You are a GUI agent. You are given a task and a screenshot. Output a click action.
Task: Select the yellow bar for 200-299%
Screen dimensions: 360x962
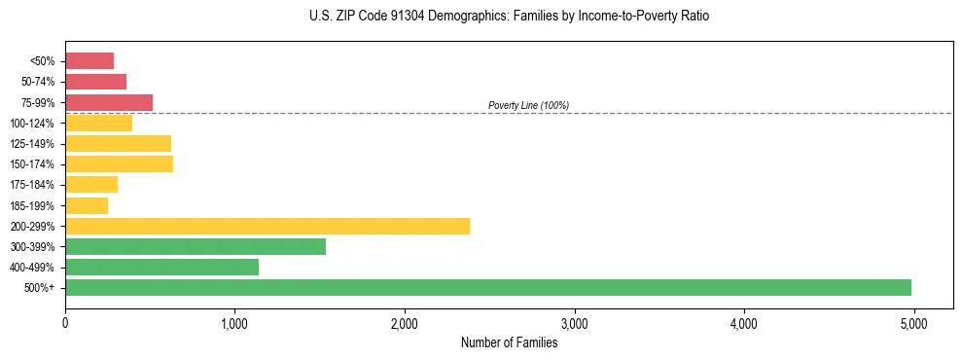pos(267,226)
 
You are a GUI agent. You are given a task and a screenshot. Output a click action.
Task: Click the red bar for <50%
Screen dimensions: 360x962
pos(89,61)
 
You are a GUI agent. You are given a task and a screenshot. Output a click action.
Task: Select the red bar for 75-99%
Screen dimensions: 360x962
pos(109,102)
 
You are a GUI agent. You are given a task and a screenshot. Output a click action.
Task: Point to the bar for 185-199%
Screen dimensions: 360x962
pos(87,205)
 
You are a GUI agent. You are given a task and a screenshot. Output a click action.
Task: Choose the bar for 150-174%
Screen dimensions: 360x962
pos(119,163)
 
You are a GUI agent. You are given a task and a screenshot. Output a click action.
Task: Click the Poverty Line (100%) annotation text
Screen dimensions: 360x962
pos(528,105)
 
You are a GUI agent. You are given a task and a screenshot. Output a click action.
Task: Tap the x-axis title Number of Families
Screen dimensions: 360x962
pos(509,342)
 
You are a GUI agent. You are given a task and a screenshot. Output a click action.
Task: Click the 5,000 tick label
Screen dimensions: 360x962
pos(913,322)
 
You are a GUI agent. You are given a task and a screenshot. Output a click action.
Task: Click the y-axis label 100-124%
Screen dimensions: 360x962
pos(32,124)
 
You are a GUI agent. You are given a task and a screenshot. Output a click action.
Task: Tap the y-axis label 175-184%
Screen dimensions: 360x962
pos(32,185)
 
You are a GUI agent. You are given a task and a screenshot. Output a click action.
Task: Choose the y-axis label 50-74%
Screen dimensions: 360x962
pos(36,82)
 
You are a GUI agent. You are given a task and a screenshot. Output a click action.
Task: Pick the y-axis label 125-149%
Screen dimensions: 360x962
pos(32,144)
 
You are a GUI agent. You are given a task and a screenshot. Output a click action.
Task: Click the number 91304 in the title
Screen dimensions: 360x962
pos(410,17)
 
